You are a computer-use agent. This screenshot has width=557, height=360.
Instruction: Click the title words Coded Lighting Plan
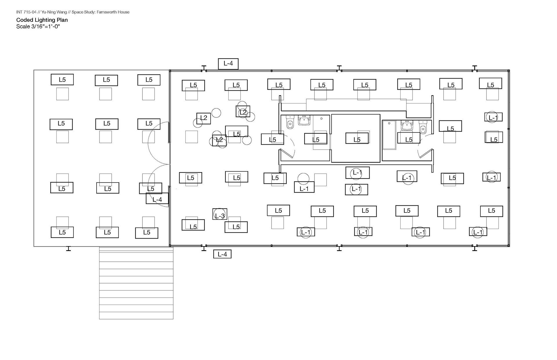point(42,20)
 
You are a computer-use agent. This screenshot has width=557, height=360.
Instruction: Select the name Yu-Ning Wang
point(54,12)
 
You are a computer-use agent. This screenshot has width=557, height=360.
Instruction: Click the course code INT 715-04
point(26,12)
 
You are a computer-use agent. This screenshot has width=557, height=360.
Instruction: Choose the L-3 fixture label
point(220,215)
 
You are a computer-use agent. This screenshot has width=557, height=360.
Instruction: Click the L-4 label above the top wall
point(228,63)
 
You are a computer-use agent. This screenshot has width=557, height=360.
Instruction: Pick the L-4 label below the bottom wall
point(222,254)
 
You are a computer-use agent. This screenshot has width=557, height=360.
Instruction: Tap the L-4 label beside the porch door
point(157,199)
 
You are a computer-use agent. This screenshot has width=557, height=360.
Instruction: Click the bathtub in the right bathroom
point(389,135)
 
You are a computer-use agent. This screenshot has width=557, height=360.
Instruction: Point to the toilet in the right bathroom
point(423,128)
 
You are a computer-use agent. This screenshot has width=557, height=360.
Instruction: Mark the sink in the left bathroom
point(304,120)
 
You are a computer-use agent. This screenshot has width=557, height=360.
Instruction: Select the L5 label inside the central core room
point(357,139)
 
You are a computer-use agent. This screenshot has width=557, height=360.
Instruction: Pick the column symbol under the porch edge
point(68,248)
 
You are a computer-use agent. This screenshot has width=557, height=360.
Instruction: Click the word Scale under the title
point(23,27)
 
